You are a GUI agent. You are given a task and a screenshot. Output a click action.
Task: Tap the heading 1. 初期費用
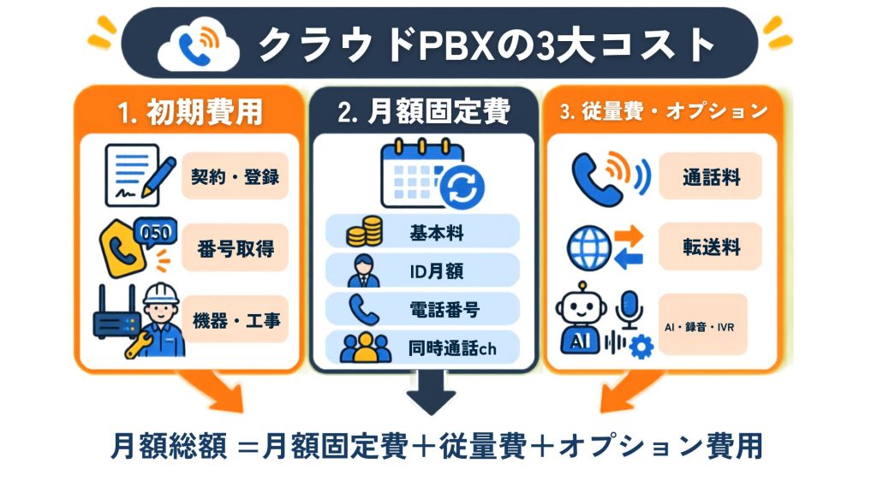[x=190, y=112]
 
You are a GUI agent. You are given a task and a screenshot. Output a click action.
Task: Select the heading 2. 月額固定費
[x=423, y=111]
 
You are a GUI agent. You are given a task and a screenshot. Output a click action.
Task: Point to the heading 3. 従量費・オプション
[x=664, y=111]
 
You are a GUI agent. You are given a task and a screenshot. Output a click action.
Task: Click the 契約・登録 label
[x=235, y=176]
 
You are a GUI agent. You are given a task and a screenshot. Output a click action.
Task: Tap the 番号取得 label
[x=236, y=248]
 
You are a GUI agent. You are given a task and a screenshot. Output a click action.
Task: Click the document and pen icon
[x=140, y=175]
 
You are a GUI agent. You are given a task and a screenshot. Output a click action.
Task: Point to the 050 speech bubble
[x=156, y=232]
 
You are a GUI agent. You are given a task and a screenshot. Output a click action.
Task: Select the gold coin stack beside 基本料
[x=364, y=231]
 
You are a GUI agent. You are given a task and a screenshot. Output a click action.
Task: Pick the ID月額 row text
[x=436, y=271]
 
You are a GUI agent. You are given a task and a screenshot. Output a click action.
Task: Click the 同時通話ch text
[x=452, y=348]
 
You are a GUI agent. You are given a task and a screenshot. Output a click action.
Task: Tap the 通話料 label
[x=711, y=177]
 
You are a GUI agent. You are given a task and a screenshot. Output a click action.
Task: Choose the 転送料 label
[x=711, y=246]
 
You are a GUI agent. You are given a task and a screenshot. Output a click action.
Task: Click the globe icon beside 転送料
[x=589, y=247]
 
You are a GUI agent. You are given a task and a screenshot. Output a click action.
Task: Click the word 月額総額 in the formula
[x=169, y=446]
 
